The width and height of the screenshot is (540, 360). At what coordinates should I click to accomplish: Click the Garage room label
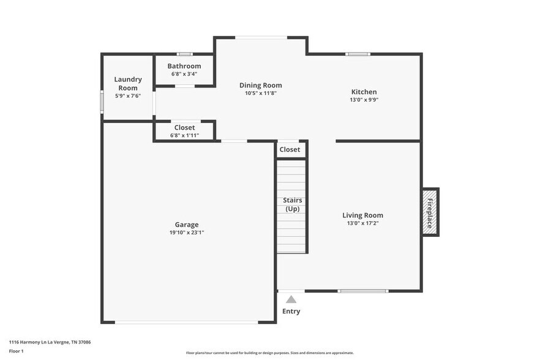[x=187, y=225]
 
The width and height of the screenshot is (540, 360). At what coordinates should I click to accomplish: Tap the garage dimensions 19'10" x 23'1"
[x=187, y=233]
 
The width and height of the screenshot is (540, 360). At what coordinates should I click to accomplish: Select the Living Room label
[x=362, y=215]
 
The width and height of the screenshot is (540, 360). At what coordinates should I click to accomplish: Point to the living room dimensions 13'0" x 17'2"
[x=362, y=223]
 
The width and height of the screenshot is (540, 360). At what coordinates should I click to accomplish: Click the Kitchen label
[x=364, y=92]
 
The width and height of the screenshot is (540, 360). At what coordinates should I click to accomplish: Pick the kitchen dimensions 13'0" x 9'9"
[x=364, y=100]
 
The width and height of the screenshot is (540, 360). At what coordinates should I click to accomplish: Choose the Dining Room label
[x=260, y=85]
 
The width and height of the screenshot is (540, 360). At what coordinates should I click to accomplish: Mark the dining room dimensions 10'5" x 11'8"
[x=260, y=93]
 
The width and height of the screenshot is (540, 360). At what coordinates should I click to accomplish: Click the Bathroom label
[x=184, y=66]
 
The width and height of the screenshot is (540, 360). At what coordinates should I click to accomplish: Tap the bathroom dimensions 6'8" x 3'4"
[x=184, y=74]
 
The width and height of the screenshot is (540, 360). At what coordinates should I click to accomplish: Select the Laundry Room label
[x=128, y=83]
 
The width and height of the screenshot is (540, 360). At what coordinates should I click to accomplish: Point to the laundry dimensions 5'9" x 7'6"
[x=128, y=96]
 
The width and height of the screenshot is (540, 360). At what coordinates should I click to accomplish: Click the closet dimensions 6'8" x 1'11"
[x=184, y=135]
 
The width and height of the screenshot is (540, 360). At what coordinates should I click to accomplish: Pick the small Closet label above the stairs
[x=290, y=149]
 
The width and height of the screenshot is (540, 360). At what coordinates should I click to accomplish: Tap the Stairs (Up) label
[x=292, y=204]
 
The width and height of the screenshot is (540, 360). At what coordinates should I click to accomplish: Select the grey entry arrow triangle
[x=291, y=299]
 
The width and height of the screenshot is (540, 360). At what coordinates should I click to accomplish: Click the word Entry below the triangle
[x=291, y=311]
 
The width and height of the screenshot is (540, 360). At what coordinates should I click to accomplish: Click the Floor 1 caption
[x=16, y=351]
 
